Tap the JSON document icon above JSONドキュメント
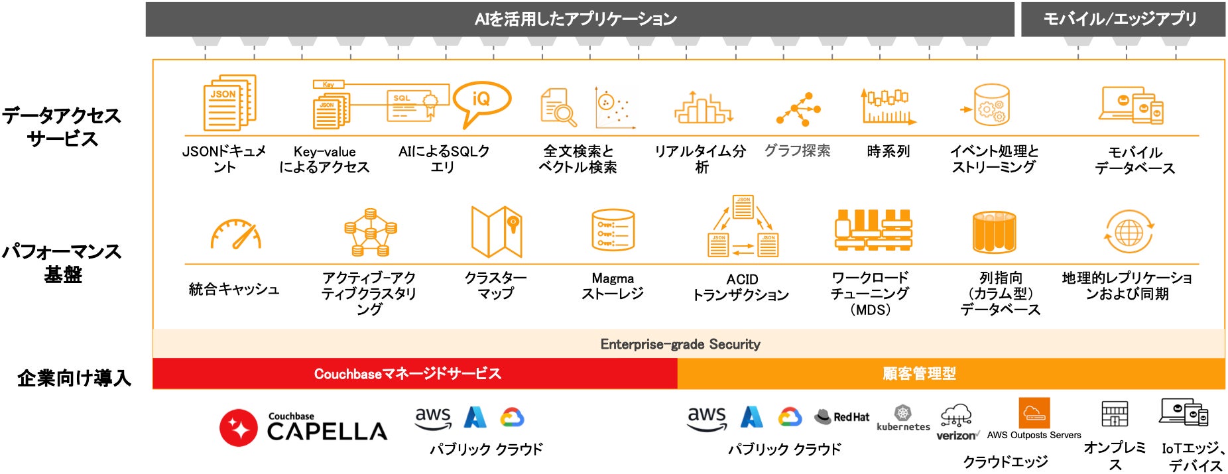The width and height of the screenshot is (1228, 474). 229,103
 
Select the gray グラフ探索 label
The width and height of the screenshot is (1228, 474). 797,151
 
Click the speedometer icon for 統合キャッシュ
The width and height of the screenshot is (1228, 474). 235,235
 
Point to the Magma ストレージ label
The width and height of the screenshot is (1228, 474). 613,286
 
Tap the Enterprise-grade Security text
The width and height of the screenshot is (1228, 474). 680,344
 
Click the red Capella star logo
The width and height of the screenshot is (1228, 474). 239,428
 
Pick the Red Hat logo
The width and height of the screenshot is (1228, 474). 841,416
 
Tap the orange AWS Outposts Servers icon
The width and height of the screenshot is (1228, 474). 1034,414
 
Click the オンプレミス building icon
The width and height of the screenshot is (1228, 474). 1114,414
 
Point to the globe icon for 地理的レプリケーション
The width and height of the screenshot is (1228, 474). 1129,233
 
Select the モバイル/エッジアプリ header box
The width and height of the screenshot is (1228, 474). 1123,19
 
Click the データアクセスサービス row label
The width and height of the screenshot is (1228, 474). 62,127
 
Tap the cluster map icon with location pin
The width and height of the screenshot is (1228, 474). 497,231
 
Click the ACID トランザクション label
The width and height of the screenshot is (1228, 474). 741,287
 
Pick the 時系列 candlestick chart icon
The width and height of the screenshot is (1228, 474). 888,106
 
